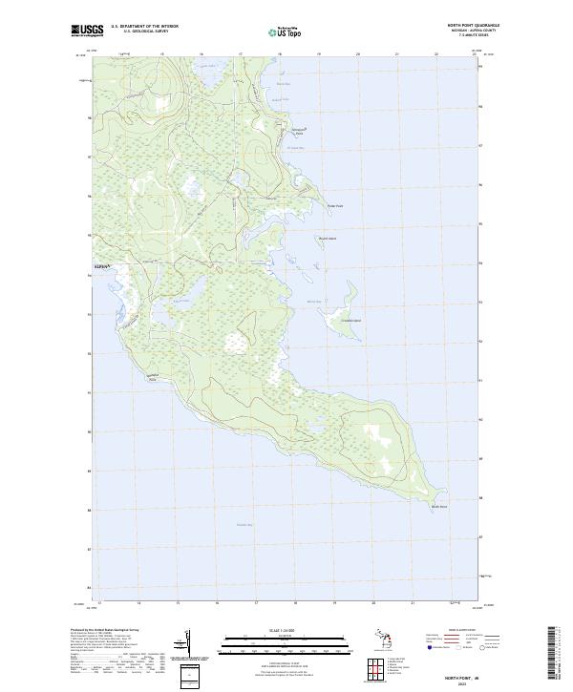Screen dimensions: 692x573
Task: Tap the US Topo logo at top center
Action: pos(286,32)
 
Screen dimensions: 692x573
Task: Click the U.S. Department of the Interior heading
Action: pos(144,27)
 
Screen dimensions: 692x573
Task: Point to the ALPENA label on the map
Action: pos(103,265)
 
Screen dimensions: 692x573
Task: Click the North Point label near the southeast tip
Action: pos(437,506)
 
